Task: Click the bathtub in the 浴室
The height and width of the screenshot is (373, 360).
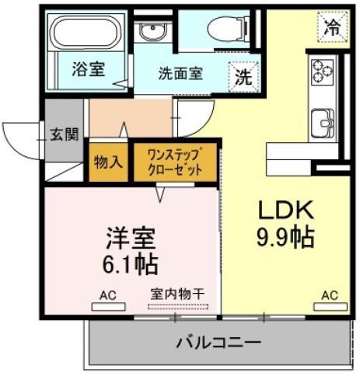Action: tap(86, 32)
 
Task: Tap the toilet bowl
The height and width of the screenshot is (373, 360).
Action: tap(228, 29)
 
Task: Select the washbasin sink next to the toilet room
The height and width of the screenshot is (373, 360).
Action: tap(152, 31)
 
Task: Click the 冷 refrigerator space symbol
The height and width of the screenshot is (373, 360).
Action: tap(333, 26)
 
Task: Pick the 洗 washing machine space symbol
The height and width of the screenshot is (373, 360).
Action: tap(243, 77)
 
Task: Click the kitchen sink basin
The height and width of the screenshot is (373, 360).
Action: tap(323, 124)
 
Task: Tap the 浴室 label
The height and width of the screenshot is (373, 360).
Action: tap(89, 69)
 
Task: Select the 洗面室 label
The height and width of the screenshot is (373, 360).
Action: tap(180, 74)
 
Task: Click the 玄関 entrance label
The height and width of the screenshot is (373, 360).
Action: tap(65, 134)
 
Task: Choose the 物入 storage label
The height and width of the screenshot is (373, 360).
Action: tap(108, 162)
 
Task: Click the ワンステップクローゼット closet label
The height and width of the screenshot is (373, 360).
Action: tap(175, 162)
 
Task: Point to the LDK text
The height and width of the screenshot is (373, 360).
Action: tap(285, 210)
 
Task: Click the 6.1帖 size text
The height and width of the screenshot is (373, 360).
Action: tap(130, 264)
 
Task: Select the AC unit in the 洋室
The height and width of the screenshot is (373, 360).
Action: tap(109, 307)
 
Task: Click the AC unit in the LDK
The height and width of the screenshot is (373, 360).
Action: tap(330, 307)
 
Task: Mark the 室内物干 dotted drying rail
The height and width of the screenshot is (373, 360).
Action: tap(178, 307)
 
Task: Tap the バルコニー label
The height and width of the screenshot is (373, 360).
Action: tap(218, 343)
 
